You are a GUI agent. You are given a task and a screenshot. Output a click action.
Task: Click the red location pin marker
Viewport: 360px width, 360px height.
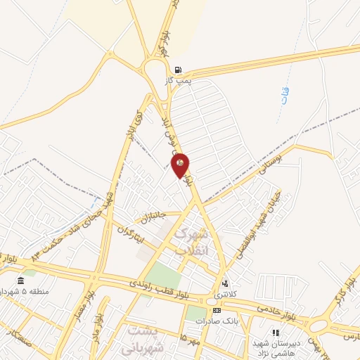pyautogui.click(x=181, y=165)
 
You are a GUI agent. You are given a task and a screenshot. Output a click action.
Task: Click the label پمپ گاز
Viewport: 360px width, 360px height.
pyautogui.click(x=178, y=82)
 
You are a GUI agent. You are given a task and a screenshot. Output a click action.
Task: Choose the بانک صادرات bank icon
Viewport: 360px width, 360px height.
pyautogui.click(x=217, y=310)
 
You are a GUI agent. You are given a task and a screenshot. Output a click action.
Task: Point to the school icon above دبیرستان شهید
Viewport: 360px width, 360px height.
pyautogui.click(x=276, y=333)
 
